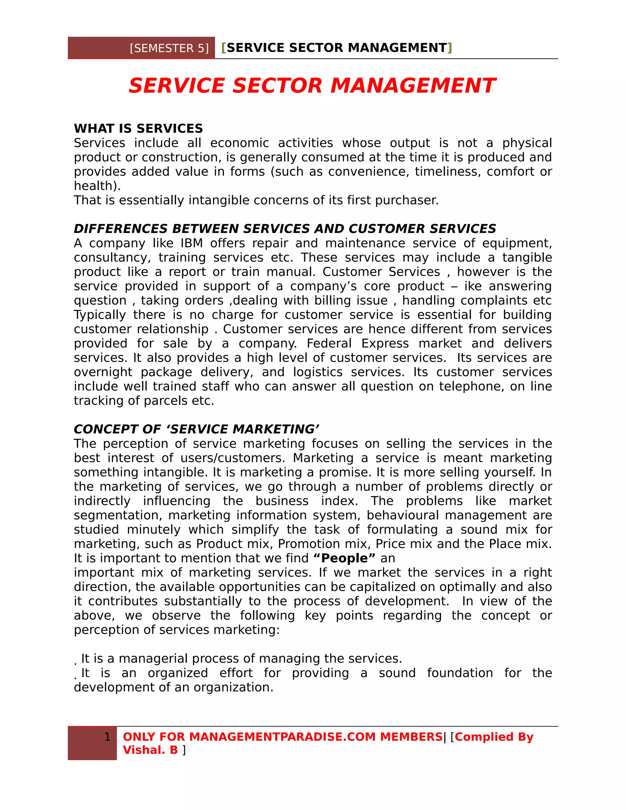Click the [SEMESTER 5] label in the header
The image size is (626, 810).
(169, 49)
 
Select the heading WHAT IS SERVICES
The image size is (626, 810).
(138, 128)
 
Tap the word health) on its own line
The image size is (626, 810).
(97, 186)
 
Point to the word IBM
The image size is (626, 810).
(192, 243)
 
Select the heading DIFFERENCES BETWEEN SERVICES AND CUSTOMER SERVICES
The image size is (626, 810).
(285, 229)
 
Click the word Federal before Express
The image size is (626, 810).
(329, 344)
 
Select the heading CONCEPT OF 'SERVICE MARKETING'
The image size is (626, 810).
(196, 429)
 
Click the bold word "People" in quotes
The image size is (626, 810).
(344, 558)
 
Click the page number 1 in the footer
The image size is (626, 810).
(107, 737)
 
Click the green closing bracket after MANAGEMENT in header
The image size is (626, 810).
(450, 48)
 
